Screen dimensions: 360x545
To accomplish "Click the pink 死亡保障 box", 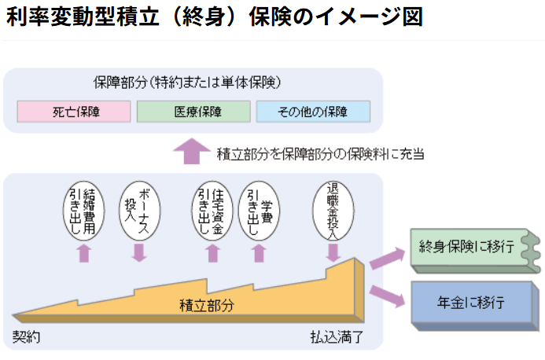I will [74, 112].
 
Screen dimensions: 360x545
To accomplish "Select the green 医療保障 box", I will [193, 112].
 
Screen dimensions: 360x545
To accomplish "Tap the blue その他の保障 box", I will [312, 112].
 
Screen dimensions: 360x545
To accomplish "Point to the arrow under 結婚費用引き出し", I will [84, 252].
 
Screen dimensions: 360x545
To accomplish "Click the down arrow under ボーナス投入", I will [139, 252].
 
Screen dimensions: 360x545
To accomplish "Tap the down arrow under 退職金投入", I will [333, 252].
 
